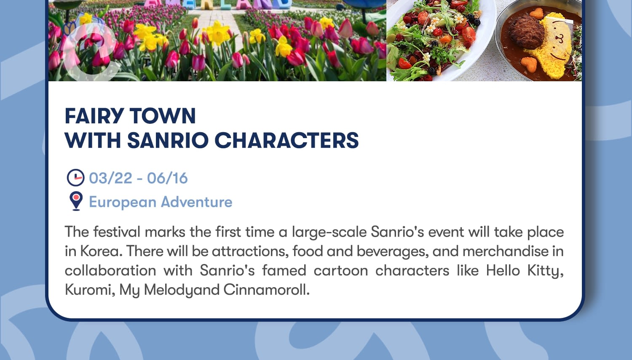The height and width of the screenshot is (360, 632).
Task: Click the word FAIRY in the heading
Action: click(94, 116)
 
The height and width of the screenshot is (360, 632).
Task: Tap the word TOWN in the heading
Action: click(163, 116)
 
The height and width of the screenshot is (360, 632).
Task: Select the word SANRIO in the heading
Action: click(168, 140)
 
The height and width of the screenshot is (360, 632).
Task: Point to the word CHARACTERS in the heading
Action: click(287, 140)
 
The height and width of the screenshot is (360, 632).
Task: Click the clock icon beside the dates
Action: click(75, 178)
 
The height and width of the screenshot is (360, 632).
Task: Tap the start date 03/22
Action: click(110, 178)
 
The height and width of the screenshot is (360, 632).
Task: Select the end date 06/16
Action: click(167, 178)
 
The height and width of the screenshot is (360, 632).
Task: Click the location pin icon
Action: click(76, 201)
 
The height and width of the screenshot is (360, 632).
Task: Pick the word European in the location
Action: click(123, 203)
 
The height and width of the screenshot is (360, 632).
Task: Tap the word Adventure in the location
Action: click(197, 202)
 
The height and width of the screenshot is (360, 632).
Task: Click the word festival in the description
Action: click(117, 232)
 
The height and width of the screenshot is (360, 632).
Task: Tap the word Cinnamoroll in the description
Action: click(266, 290)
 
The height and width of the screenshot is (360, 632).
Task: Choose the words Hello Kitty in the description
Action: click(525, 271)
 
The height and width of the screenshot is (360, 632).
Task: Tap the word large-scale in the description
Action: click(329, 232)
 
